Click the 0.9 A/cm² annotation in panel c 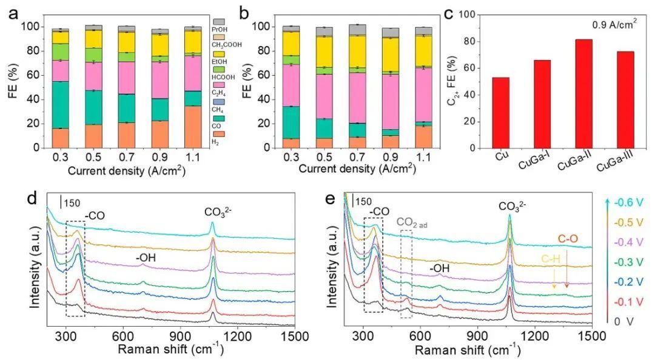pos(615,25)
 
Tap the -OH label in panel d pos(146,258)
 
